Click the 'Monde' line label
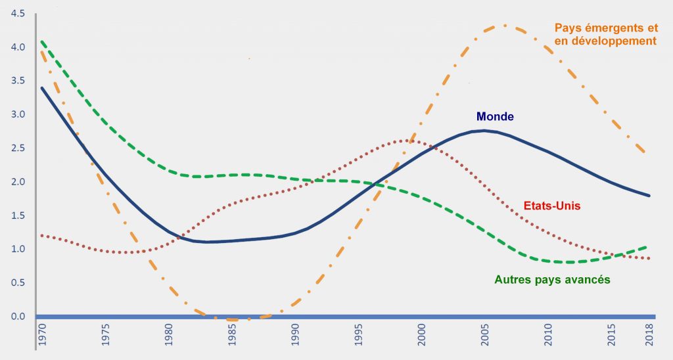coord(495,116)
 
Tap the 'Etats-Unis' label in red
coord(551,206)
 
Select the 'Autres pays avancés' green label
coord(552,279)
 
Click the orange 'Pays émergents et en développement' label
coord(605,34)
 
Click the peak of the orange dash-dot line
coord(503,26)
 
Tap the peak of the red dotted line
coord(404,141)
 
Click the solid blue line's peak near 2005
coord(484,131)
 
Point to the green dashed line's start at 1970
coord(41,41)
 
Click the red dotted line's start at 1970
coord(41,235)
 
